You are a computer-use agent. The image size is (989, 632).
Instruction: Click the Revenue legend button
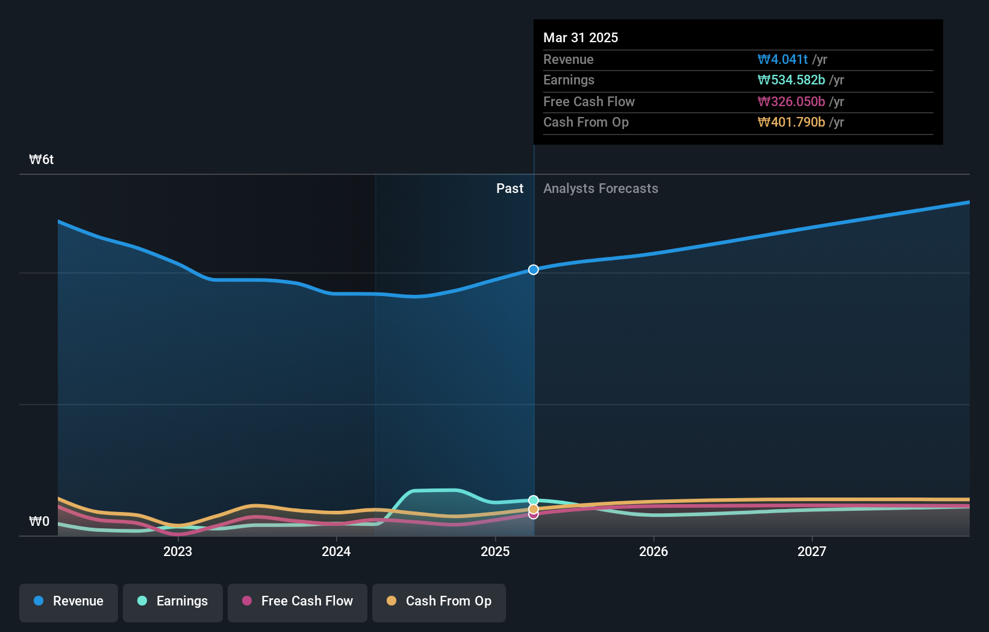pyautogui.click(x=69, y=601)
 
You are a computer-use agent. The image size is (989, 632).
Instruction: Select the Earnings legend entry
pyautogui.click(x=173, y=601)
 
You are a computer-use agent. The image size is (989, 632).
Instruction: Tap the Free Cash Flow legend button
pyautogui.click(x=298, y=601)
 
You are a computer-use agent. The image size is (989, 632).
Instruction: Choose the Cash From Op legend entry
pyautogui.click(x=439, y=601)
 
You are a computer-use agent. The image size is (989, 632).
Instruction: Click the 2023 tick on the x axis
pyautogui.click(x=178, y=551)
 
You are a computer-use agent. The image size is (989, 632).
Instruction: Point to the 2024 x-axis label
pyautogui.click(x=336, y=551)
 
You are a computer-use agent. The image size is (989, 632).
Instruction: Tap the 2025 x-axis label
pyautogui.click(x=495, y=551)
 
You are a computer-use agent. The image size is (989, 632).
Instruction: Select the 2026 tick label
pyautogui.click(x=654, y=551)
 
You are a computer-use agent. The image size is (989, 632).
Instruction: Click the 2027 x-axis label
pyautogui.click(x=812, y=551)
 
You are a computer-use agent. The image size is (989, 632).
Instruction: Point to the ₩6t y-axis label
pyautogui.click(x=42, y=160)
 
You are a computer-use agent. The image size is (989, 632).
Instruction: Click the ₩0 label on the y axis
pyautogui.click(x=39, y=522)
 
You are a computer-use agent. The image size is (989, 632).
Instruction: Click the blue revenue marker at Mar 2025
pyautogui.click(x=534, y=270)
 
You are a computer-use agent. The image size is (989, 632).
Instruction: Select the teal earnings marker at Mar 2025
pyautogui.click(x=534, y=500)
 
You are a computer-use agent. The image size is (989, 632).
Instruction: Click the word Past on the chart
pyautogui.click(x=510, y=189)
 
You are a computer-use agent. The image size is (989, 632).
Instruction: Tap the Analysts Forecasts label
pyautogui.click(x=601, y=189)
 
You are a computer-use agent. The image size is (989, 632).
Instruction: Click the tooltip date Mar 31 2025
pyautogui.click(x=581, y=37)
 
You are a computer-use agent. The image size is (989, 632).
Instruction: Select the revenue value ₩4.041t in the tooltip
pyautogui.click(x=782, y=60)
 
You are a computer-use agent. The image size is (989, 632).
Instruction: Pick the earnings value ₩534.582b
pyautogui.click(x=791, y=80)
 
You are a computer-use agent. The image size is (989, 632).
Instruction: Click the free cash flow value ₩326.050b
pyautogui.click(x=791, y=102)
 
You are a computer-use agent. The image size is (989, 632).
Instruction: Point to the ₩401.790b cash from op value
pyautogui.click(x=791, y=122)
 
